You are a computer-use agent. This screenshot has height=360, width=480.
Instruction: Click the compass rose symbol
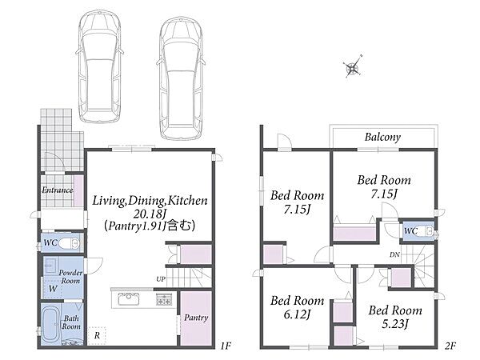click(x=353, y=68)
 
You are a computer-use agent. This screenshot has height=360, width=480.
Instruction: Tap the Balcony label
click(x=382, y=137)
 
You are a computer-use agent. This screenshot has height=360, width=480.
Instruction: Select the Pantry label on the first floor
click(x=196, y=318)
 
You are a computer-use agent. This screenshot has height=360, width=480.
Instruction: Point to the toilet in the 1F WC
click(x=69, y=244)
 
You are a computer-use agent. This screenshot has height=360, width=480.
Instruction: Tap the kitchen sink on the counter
click(x=129, y=299)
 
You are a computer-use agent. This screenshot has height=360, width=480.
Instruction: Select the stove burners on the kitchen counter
click(x=165, y=299)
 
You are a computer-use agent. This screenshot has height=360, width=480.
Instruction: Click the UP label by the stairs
click(x=161, y=279)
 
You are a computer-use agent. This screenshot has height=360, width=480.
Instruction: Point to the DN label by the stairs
click(x=394, y=254)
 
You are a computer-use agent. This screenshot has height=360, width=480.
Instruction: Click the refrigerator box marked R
click(x=97, y=336)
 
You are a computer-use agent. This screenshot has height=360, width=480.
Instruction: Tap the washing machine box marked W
click(x=53, y=288)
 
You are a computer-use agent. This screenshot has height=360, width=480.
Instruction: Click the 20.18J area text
click(x=150, y=213)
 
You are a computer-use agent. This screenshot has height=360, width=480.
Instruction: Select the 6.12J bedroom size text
click(x=298, y=314)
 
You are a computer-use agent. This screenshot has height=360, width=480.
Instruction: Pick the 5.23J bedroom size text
click(x=395, y=323)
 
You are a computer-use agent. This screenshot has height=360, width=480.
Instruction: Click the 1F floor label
click(x=226, y=346)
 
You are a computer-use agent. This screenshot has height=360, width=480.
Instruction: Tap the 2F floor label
click(x=450, y=346)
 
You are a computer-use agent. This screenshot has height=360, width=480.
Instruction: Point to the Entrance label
click(x=58, y=190)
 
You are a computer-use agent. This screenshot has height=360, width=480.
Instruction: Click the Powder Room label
click(x=70, y=277)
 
